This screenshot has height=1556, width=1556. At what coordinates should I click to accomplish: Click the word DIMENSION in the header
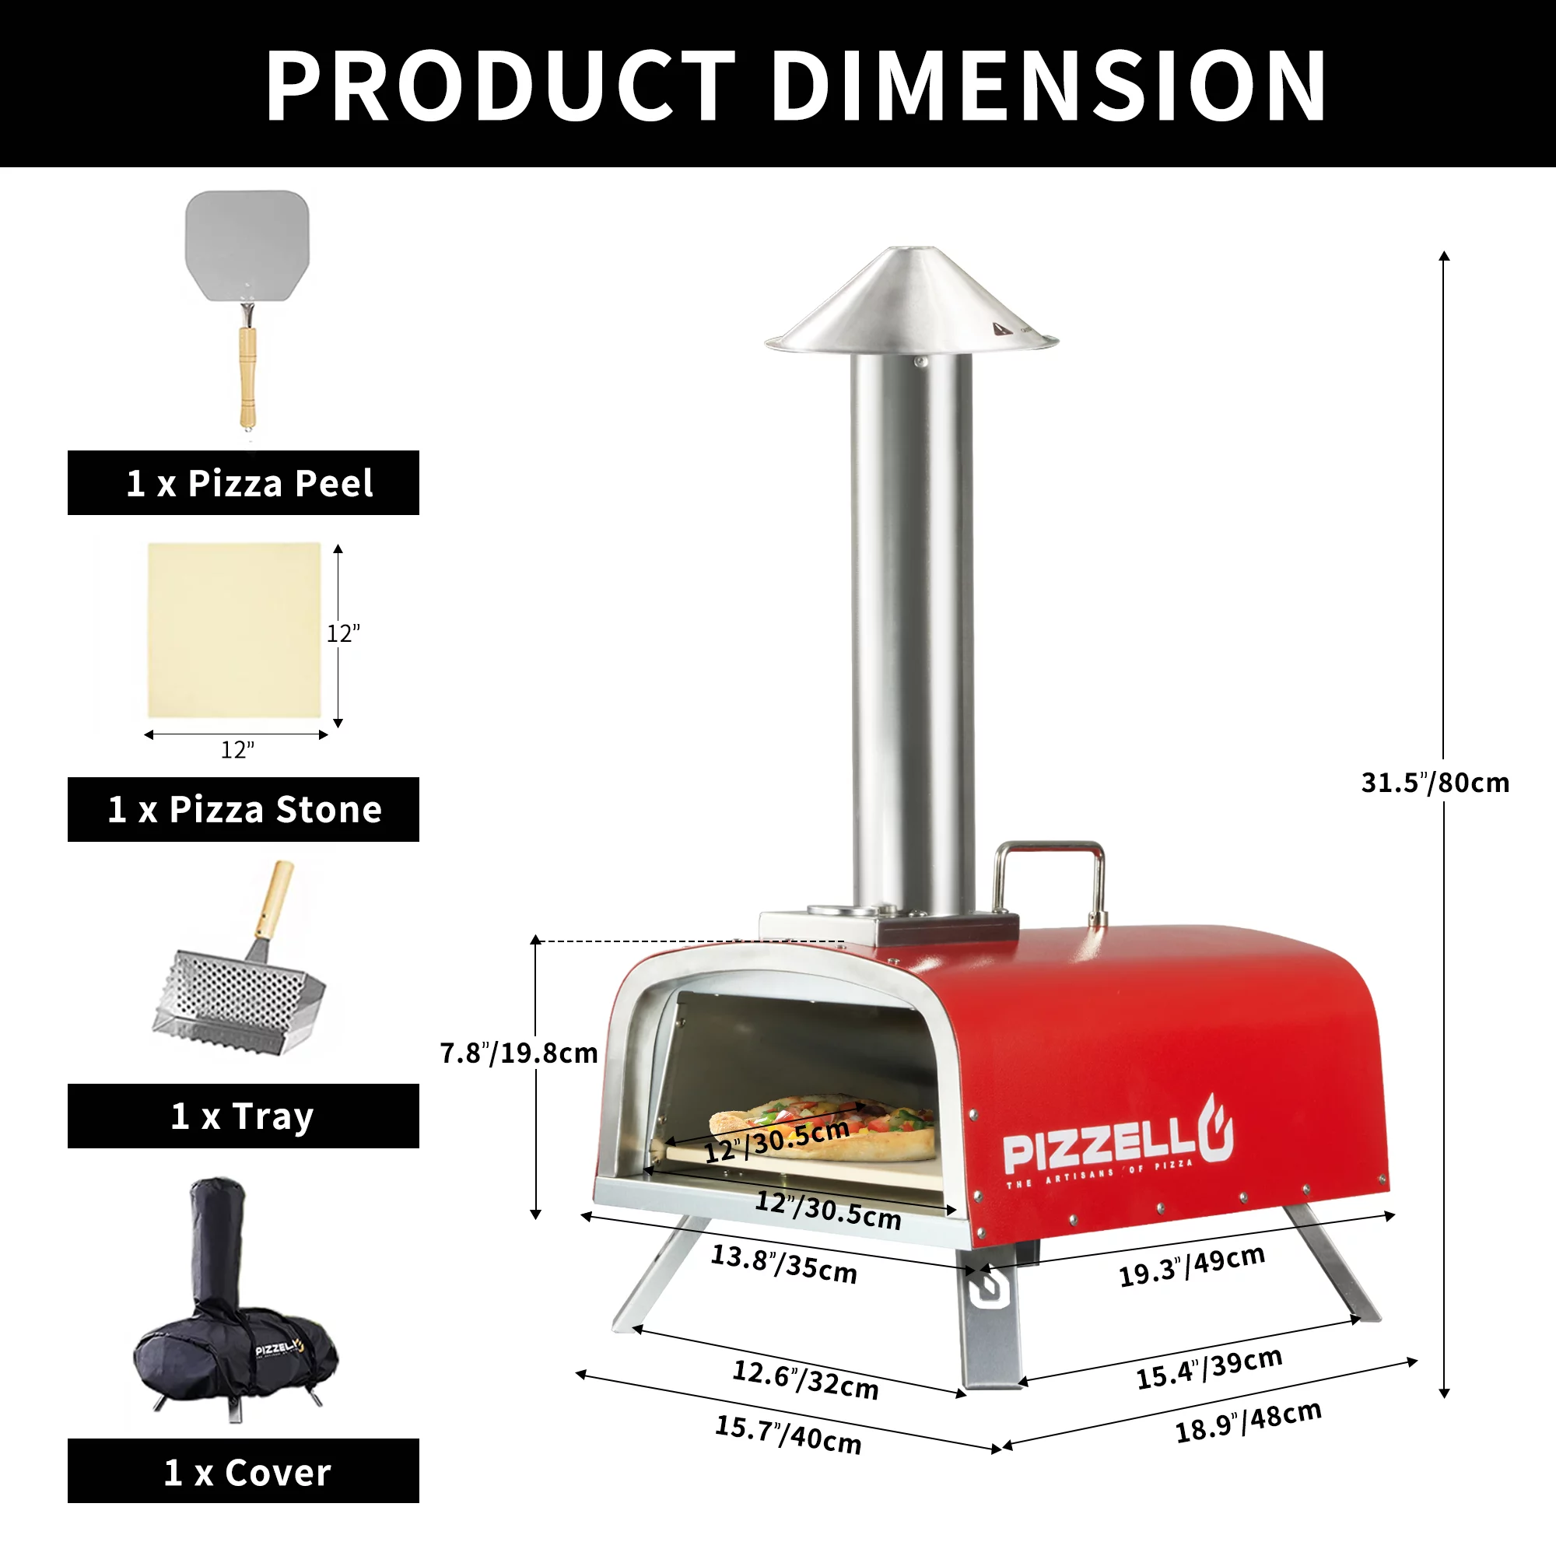click(x=1049, y=86)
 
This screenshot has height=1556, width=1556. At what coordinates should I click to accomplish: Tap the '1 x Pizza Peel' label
click(x=250, y=483)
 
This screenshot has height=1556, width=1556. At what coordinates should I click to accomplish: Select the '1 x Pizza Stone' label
click(x=245, y=809)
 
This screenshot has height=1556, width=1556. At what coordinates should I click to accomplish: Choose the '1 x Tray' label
click(x=243, y=1116)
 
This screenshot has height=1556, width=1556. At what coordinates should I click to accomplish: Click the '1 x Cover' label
click(x=247, y=1472)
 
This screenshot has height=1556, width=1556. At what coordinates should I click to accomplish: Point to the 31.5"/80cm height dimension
click(x=1435, y=782)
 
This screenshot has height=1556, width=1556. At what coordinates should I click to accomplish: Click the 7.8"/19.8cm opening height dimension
click(x=519, y=1053)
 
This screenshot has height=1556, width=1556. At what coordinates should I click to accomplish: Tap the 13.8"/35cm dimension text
click(x=783, y=1264)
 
